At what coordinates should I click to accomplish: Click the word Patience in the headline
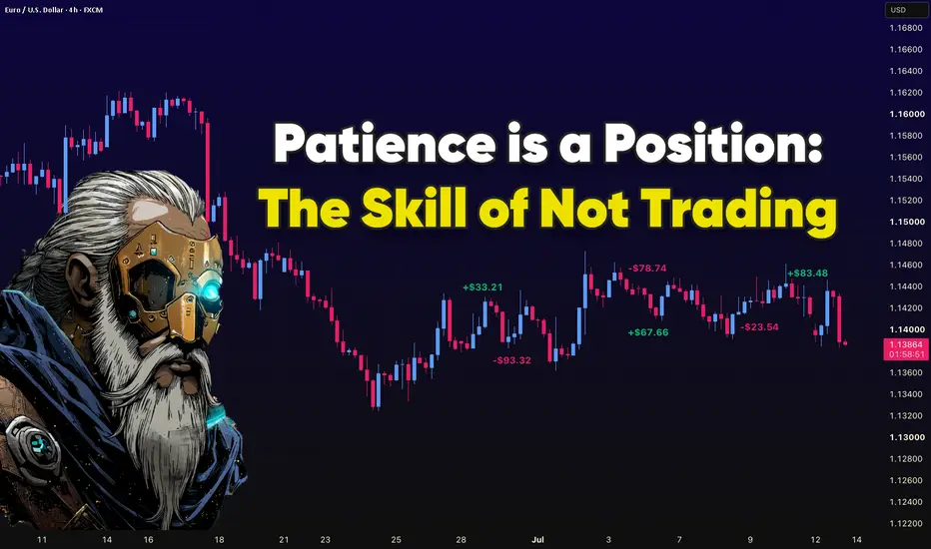tap(385, 144)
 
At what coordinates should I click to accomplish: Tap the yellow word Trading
tap(741, 210)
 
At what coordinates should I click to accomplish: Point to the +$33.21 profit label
tap(482, 287)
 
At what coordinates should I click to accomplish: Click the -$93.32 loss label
tap(511, 360)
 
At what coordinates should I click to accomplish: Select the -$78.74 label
tap(647, 269)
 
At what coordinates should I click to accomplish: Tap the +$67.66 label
tap(647, 332)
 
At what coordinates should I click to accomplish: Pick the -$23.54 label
tap(759, 327)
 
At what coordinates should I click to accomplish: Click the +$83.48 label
tap(807, 274)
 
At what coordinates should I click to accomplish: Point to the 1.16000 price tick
tap(907, 114)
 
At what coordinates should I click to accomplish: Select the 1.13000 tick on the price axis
tap(907, 437)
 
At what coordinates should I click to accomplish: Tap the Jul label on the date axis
tap(538, 539)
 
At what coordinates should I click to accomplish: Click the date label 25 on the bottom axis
tap(396, 539)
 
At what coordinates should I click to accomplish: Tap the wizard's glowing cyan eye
tap(210, 290)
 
